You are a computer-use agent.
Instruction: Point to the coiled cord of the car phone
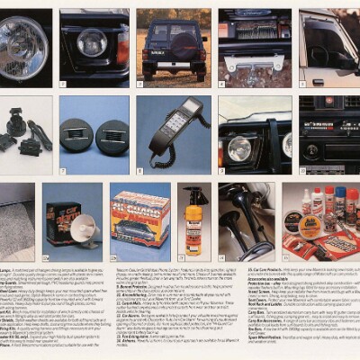tap(162, 158)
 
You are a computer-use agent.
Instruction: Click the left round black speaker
tap(77, 137)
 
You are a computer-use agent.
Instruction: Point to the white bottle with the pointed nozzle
tap(307, 202)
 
